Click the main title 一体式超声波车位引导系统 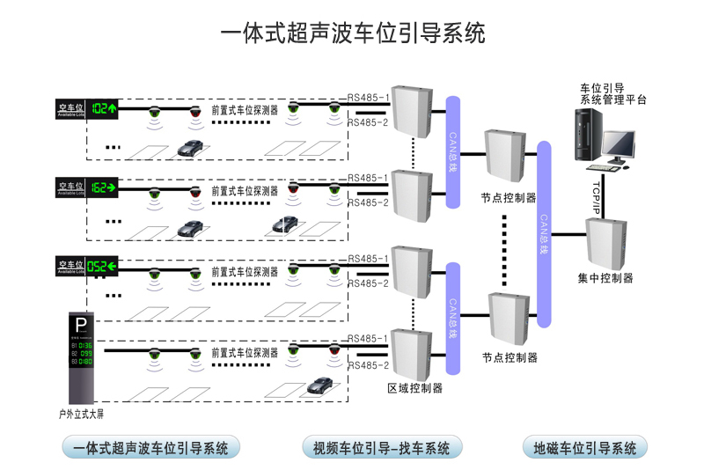(x=352, y=33)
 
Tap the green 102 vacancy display (x=104, y=108)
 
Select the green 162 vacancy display (x=104, y=187)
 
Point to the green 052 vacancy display (x=104, y=266)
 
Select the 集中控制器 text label (x=605, y=279)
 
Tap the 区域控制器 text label (x=414, y=388)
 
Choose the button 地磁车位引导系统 (x=584, y=448)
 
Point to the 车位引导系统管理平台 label (x=612, y=94)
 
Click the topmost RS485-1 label (x=368, y=97)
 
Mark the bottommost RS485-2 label (x=368, y=365)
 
